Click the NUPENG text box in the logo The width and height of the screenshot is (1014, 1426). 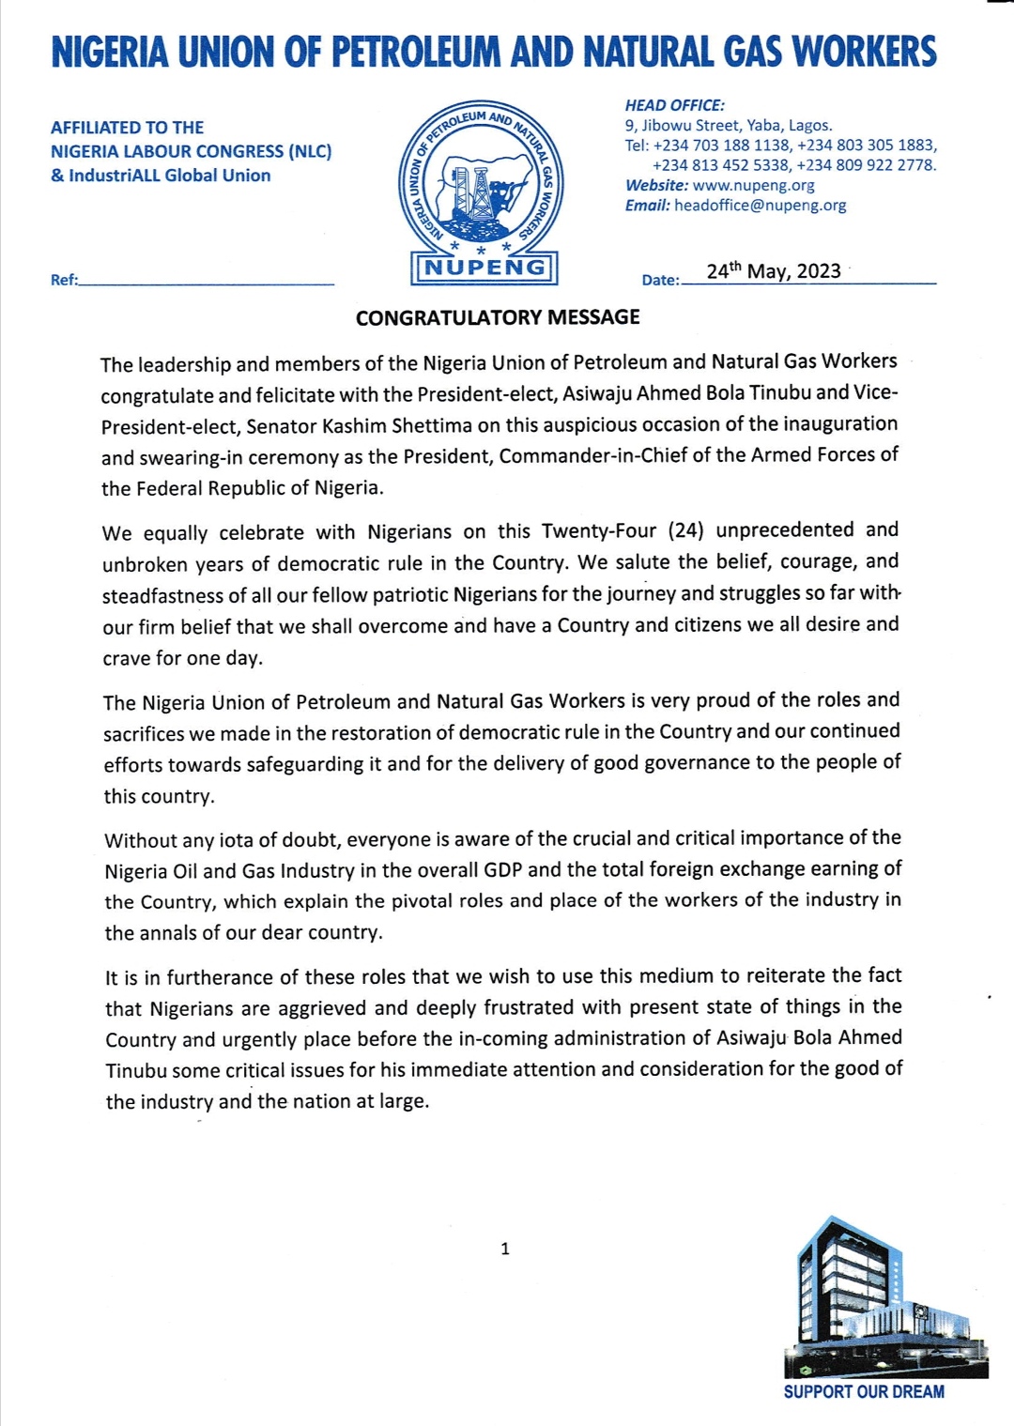(x=484, y=268)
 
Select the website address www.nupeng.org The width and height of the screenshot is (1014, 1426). (x=753, y=185)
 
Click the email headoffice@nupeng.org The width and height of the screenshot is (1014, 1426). (x=760, y=205)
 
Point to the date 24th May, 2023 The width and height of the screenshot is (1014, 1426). (x=773, y=271)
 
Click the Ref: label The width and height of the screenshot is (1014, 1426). (x=64, y=280)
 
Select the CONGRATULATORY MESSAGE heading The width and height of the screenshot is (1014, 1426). (x=498, y=317)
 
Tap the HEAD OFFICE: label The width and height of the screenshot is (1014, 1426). (x=674, y=105)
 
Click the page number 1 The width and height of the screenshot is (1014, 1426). (x=505, y=1248)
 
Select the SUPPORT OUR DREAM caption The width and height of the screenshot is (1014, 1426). (x=864, y=1391)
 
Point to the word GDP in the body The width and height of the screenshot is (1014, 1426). (x=502, y=869)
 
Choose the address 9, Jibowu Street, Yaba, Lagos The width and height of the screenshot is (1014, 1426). (x=729, y=125)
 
